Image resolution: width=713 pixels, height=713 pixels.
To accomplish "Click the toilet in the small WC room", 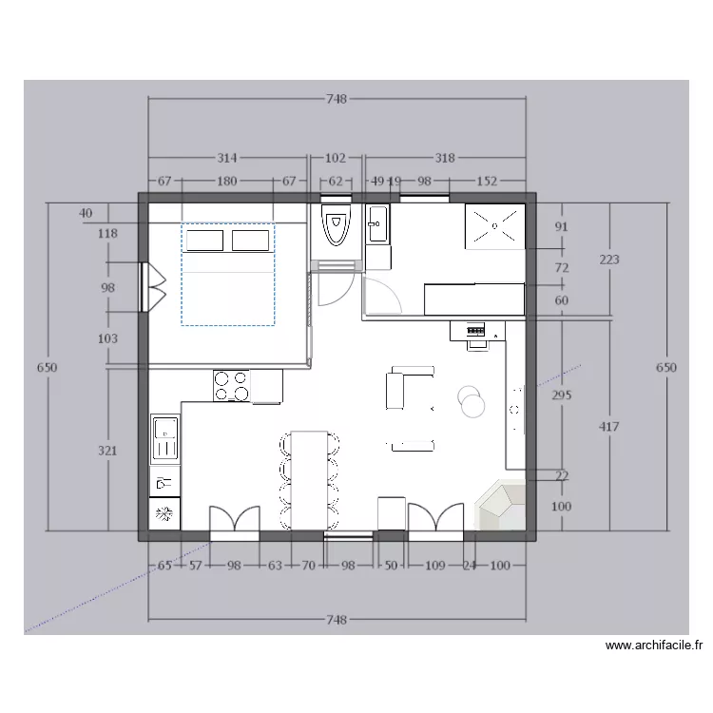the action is click(x=336, y=225).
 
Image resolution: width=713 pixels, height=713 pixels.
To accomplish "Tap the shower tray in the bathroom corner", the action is click(x=494, y=226).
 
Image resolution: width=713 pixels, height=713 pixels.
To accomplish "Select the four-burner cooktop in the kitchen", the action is click(x=231, y=386).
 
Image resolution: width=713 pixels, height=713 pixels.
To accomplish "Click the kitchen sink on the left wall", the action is click(x=165, y=438).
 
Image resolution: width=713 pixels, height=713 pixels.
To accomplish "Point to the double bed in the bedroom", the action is click(x=228, y=274).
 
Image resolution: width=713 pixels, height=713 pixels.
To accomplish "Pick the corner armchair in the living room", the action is click(x=500, y=504).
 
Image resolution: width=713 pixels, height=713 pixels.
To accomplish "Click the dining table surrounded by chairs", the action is click(x=309, y=480).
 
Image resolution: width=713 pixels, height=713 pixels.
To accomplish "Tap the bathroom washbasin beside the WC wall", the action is click(x=377, y=223).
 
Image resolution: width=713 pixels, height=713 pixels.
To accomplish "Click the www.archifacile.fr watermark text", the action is click(x=654, y=645).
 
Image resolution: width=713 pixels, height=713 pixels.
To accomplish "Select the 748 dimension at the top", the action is click(x=337, y=99).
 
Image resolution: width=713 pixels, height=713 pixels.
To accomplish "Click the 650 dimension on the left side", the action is click(x=48, y=367).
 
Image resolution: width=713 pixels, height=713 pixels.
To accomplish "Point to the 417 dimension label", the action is click(x=608, y=427).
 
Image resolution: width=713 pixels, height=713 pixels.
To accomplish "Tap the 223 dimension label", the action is click(x=609, y=260).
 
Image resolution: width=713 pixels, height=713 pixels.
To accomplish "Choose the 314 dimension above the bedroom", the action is click(x=226, y=158).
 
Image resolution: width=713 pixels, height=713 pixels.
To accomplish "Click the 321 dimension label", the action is click(x=107, y=451).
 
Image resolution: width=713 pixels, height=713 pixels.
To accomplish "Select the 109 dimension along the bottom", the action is click(x=434, y=566).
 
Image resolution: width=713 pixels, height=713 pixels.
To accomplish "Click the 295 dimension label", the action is click(x=562, y=395).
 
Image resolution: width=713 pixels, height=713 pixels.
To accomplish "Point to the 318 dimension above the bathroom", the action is click(x=445, y=158).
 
